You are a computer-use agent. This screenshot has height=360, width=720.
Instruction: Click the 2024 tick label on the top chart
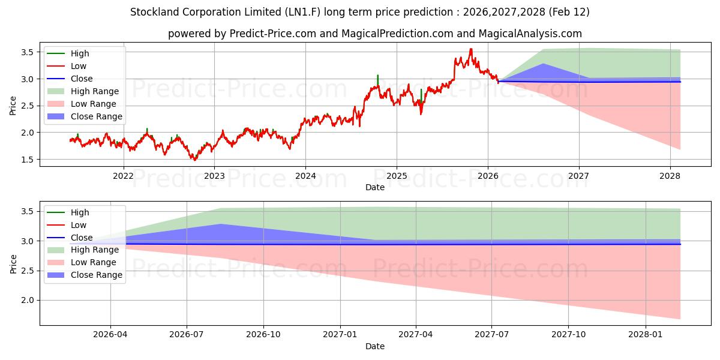click(305, 176)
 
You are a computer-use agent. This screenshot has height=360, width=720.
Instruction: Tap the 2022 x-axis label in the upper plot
click(124, 176)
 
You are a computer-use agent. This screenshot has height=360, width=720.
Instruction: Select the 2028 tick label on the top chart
click(670, 176)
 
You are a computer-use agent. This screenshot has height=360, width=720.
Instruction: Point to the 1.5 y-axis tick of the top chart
click(28, 160)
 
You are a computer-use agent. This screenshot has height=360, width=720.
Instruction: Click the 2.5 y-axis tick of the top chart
click(28, 106)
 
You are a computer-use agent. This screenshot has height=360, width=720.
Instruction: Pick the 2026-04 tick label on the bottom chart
click(110, 335)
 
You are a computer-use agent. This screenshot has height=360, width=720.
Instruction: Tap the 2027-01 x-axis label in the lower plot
click(340, 335)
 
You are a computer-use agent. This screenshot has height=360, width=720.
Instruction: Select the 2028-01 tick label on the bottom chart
click(645, 335)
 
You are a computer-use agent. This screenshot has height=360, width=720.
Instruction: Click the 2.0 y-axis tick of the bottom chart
click(28, 300)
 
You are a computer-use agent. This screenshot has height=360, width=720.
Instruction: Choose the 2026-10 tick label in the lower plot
click(263, 335)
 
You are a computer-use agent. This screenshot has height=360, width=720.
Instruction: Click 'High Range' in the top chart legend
click(95, 91)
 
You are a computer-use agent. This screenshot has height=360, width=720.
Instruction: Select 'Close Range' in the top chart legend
click(97, 116)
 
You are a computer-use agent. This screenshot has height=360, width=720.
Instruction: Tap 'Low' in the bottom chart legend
click(79, 225)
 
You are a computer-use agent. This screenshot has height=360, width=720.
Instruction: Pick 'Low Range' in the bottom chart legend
click(94, 262)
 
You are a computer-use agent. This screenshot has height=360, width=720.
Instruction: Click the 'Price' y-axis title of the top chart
click(13, 106)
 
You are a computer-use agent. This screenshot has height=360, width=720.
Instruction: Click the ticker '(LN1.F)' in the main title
click(305, 12)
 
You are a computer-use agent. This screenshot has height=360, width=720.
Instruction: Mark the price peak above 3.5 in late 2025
click(470, 49)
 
